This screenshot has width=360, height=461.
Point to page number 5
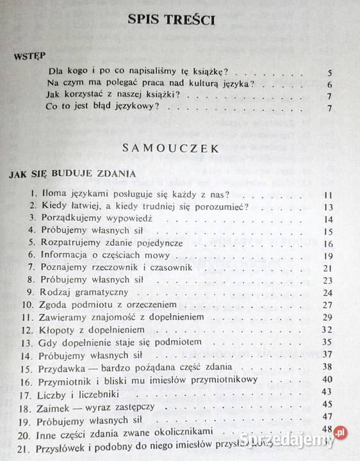coord(329,72)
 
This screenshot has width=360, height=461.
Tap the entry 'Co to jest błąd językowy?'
coord(102,107)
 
